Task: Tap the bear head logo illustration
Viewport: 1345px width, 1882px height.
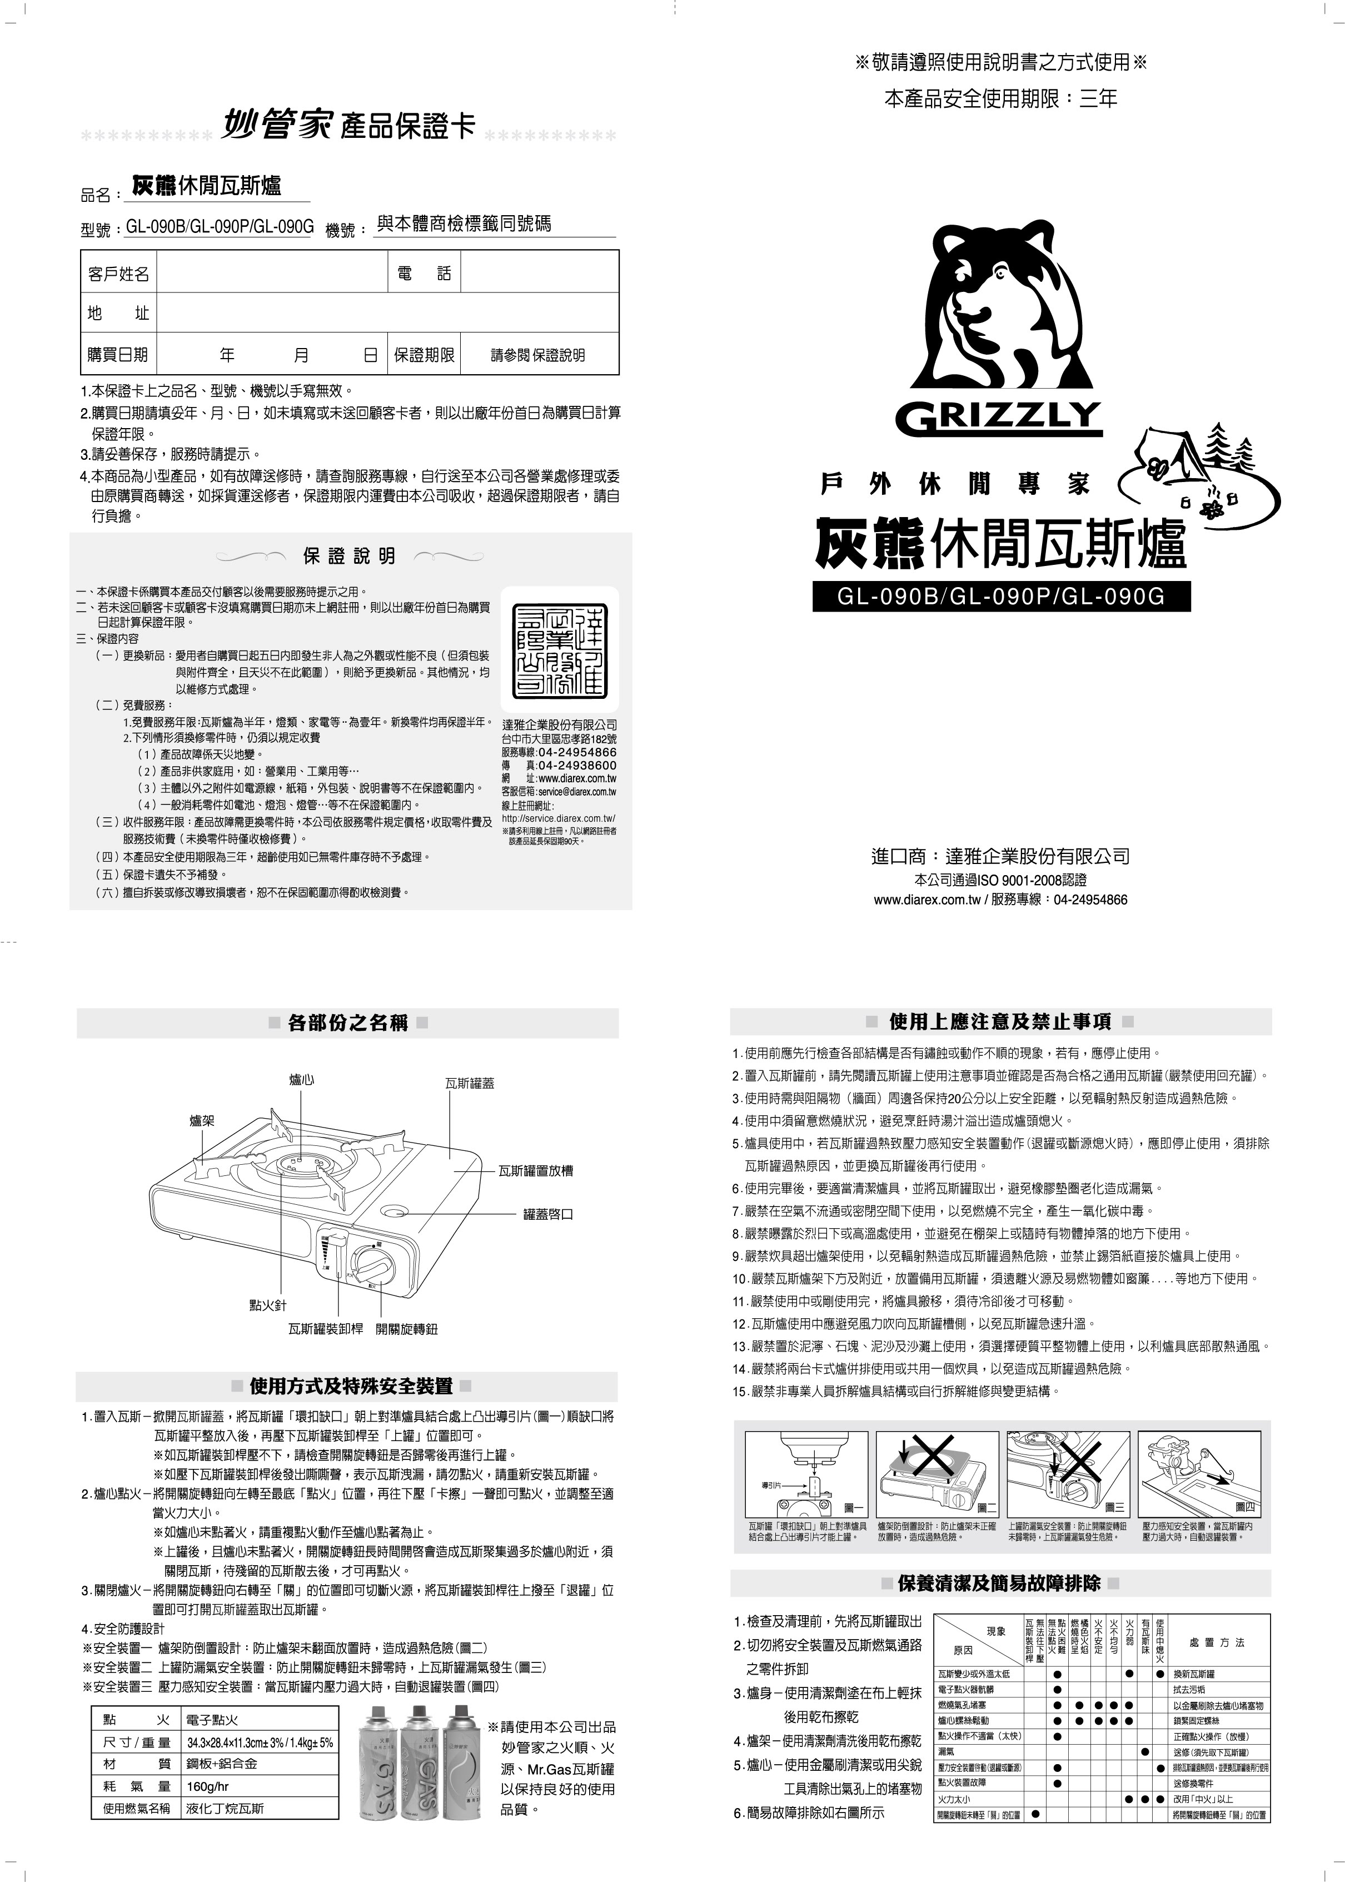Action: click(998, 306)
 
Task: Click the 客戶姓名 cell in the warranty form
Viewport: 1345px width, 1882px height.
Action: click(118, 274)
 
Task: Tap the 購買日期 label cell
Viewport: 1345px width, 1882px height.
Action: click(118, 355)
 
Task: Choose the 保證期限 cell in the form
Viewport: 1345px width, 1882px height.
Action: click(424, 355)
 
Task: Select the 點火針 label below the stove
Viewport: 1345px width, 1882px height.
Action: click(268, 1305)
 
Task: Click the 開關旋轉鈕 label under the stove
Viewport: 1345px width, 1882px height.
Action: click(407, 1329)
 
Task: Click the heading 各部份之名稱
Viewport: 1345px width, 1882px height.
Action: click(348, 1023)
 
